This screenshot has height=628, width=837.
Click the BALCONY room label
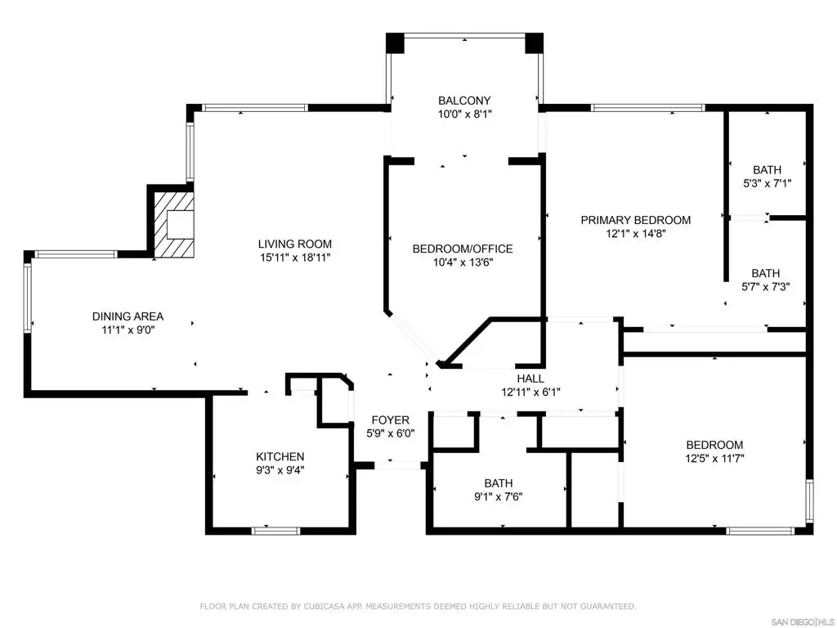[464, 101]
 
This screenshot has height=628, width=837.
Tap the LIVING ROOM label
[294, 244]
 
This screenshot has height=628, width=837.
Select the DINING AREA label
[128, 316]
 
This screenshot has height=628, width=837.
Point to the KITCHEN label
[280, 456]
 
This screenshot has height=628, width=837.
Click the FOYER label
[391, 420]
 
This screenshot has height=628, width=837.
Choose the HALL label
[530, 379]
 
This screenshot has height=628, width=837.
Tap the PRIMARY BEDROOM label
[636, 220]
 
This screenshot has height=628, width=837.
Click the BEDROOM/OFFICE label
[463, 249]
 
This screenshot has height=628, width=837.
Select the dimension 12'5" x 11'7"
[714, 458]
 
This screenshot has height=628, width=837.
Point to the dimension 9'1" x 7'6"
[499, 496]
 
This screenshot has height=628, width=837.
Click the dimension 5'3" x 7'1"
[767, 183]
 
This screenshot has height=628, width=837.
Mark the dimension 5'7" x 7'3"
[766, 287]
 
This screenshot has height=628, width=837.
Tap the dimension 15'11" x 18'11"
[295, 258]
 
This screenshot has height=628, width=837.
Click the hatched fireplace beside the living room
[173, 224]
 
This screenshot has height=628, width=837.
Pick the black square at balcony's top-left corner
[396, 43]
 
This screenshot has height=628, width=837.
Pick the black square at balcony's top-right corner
[534, 43]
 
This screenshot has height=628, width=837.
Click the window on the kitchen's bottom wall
[275, 531]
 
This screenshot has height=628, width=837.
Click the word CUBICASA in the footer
[324, 606]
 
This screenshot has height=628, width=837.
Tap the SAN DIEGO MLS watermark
[803, 622]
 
